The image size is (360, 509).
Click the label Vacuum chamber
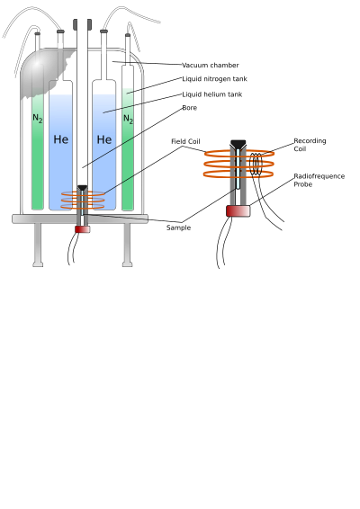tap(211, 66)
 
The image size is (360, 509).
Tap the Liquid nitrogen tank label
tap(214, 79)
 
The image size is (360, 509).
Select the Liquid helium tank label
tap(211, 94)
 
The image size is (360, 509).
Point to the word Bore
tap(189, 108)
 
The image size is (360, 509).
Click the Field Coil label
tap(185, 141)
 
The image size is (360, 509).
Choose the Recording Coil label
tap(310, 145)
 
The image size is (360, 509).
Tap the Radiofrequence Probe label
tap(319, 180)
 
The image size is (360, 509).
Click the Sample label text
tap(178, 228)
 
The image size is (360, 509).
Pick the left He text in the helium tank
tap(61, 139)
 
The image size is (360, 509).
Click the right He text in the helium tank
tap(104, 139)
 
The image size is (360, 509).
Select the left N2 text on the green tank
tap(38, 119)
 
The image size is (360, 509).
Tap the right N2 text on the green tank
tap(129, 119)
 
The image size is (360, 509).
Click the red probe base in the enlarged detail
tap(238, 211)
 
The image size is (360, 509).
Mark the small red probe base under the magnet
tap(83, 229)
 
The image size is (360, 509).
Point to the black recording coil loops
tap(256, 164)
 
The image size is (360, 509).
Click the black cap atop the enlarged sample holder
tap(238, 144)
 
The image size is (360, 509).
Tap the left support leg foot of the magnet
tap(38, 265)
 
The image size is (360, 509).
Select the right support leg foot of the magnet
tap(128, 265)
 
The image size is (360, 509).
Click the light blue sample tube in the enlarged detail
tap(238, 169)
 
